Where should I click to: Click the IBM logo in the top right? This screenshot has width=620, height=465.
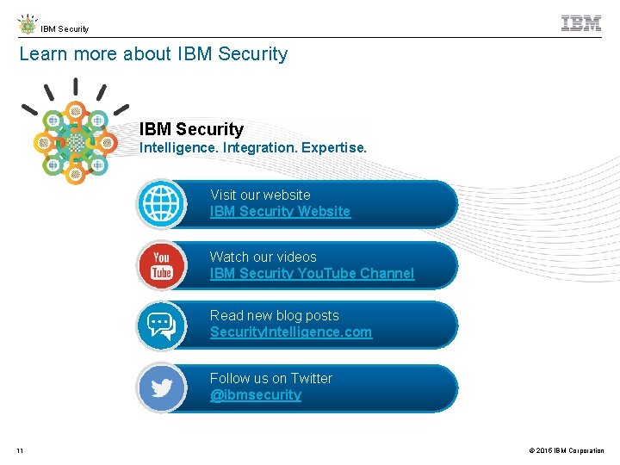pyautogui.click(x=581, y=24)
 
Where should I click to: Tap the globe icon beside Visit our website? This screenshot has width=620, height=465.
pyautogui.click(x=162, y=204)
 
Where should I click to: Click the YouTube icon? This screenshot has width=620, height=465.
pyautogui.click(x=162, y=265)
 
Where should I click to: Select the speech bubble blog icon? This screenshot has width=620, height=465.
pyautogui.click(x=162, y=325)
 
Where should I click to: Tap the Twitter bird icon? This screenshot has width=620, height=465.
pyautogui.click(x=162, y=388)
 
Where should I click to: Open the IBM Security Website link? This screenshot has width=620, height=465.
pyautogui.click(x=280, y=212)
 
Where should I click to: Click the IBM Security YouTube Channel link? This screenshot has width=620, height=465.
pyautogui.click(x=312, y=274)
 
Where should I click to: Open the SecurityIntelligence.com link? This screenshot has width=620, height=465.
pyautogui.click(x=291, y=332)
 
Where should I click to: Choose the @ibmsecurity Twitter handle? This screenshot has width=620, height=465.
pyautogui.click(x=256, y=395)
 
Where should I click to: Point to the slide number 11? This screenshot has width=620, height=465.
pyautogui.click(x=20, y=450)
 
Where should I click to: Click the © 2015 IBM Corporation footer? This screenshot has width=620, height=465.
pyautogui.click(x=567, y=450)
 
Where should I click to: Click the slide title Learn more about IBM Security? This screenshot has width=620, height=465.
pyautogui.click(x=153, y=54)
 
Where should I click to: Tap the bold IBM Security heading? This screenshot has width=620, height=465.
pyautogui.click(x=191, y=130)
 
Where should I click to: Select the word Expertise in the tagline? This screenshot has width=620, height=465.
pyautogui.click(x=333, y=148)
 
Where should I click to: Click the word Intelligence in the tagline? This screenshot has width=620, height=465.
pyautogui.click(x=178, y=148)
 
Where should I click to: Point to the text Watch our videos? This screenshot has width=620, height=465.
pyautogui.click(x=263, y=257)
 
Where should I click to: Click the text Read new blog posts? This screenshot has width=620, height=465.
pyautogui.click(x=274, y=316)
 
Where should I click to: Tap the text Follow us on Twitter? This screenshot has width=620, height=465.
pyautogui.click(x=270, y=379)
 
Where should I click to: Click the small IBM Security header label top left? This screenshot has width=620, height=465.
pyautogui.click(x=65, y=29)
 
